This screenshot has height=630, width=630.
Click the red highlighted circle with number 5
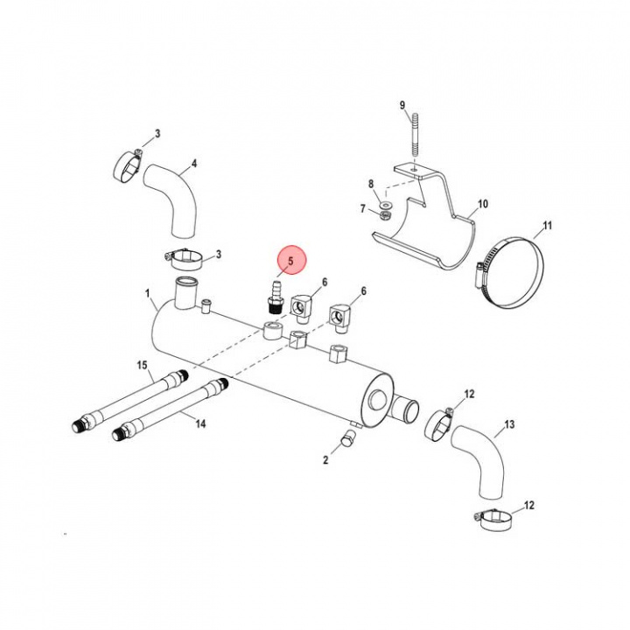tap(290, 261)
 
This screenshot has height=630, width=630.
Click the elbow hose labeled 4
tap(175, 196)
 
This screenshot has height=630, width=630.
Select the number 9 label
tap(403, 105)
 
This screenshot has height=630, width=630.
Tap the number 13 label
tap(509, 426)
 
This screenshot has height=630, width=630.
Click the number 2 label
tap(325, 459)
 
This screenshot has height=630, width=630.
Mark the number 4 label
tap(193, 163)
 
